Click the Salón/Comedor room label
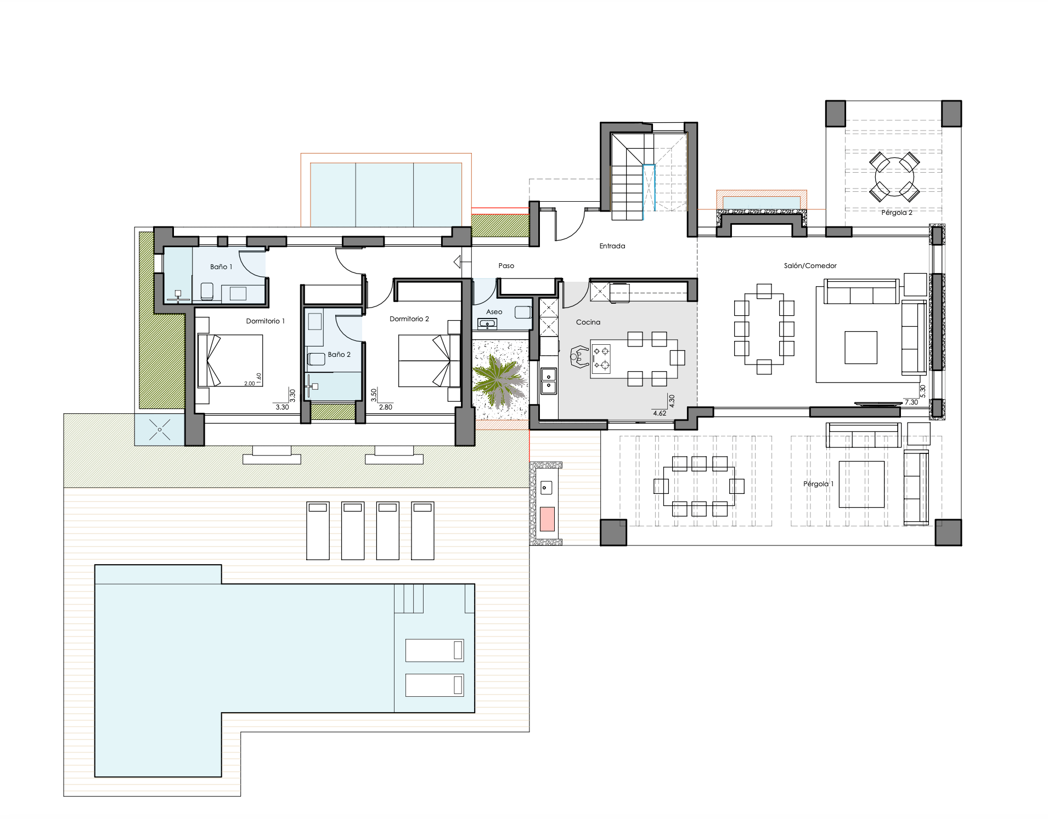810,266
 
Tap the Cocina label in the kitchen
588,322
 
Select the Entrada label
612,246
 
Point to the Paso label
506,266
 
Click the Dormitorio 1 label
266,321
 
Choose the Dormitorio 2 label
409,319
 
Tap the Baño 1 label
221,267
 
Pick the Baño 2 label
339,355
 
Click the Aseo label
494,312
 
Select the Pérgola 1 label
818,484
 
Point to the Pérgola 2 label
897,213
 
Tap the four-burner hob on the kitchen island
601,358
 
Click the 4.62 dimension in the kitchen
660,413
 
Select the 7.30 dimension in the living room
911,402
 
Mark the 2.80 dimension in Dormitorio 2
386,407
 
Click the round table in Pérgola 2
894,177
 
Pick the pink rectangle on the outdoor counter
547,519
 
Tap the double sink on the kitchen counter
549,381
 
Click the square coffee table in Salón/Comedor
861,348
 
